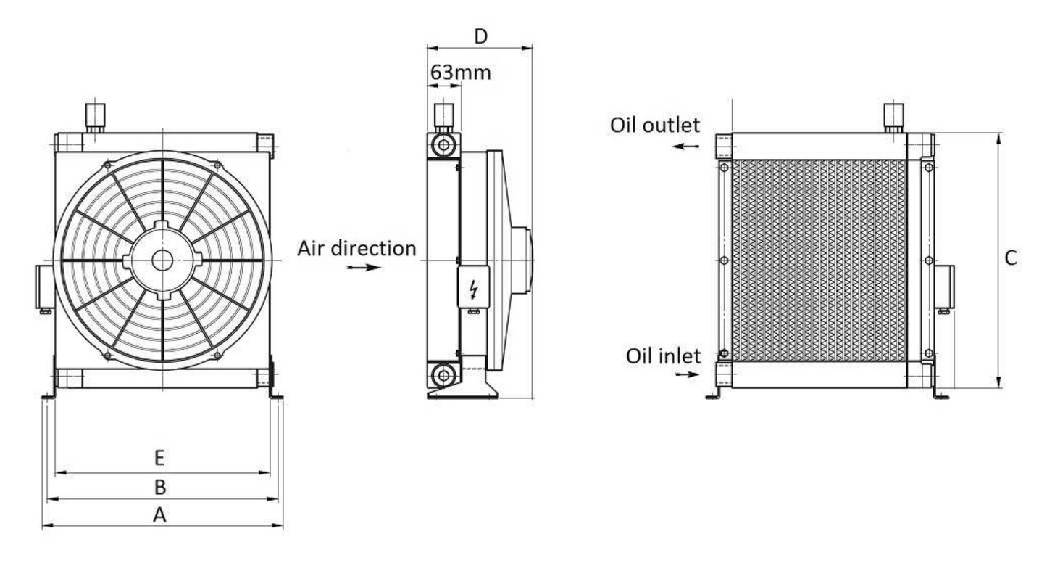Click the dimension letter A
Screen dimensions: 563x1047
coord(160,514)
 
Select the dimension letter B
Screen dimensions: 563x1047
coord(161,487)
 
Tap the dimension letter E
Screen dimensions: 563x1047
coord(161,459)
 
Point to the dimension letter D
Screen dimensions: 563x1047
coord(480,36)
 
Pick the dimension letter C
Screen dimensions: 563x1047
coord(1011,258)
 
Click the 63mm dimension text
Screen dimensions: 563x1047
coord(460,73)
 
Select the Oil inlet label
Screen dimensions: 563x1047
coord(664,356)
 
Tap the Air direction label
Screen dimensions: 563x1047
coord(356,248)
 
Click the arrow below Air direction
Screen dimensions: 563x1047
coord(363,267)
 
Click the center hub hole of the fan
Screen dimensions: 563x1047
coord(162,260)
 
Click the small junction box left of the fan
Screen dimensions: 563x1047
coord(43,287)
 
